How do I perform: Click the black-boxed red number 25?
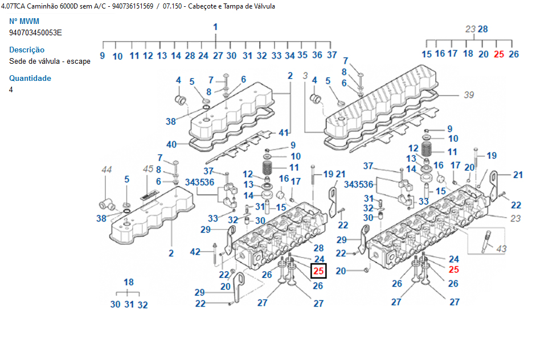point(318,272)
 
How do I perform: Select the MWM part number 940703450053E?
point(35,32)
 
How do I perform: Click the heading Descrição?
point(27,50)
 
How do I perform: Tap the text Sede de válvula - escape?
point(50,61)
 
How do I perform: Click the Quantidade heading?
point(30,78)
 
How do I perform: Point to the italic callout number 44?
point(107,169)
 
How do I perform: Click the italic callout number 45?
point(148,169)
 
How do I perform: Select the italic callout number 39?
point(468,95)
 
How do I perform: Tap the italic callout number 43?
point(501,248)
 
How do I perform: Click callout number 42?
point(195,251)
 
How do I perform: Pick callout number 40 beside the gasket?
point(171,144)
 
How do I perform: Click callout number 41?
point(284,132)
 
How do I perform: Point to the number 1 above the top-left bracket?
point(215,27)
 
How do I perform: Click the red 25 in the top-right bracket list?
point(499,54)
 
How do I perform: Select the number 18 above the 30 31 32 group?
point(129,282)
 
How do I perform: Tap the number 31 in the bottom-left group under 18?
point(129,304)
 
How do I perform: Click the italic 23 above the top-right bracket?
point(470,29)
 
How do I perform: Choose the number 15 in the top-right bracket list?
point(427,54)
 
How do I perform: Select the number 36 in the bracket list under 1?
point(318,55)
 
